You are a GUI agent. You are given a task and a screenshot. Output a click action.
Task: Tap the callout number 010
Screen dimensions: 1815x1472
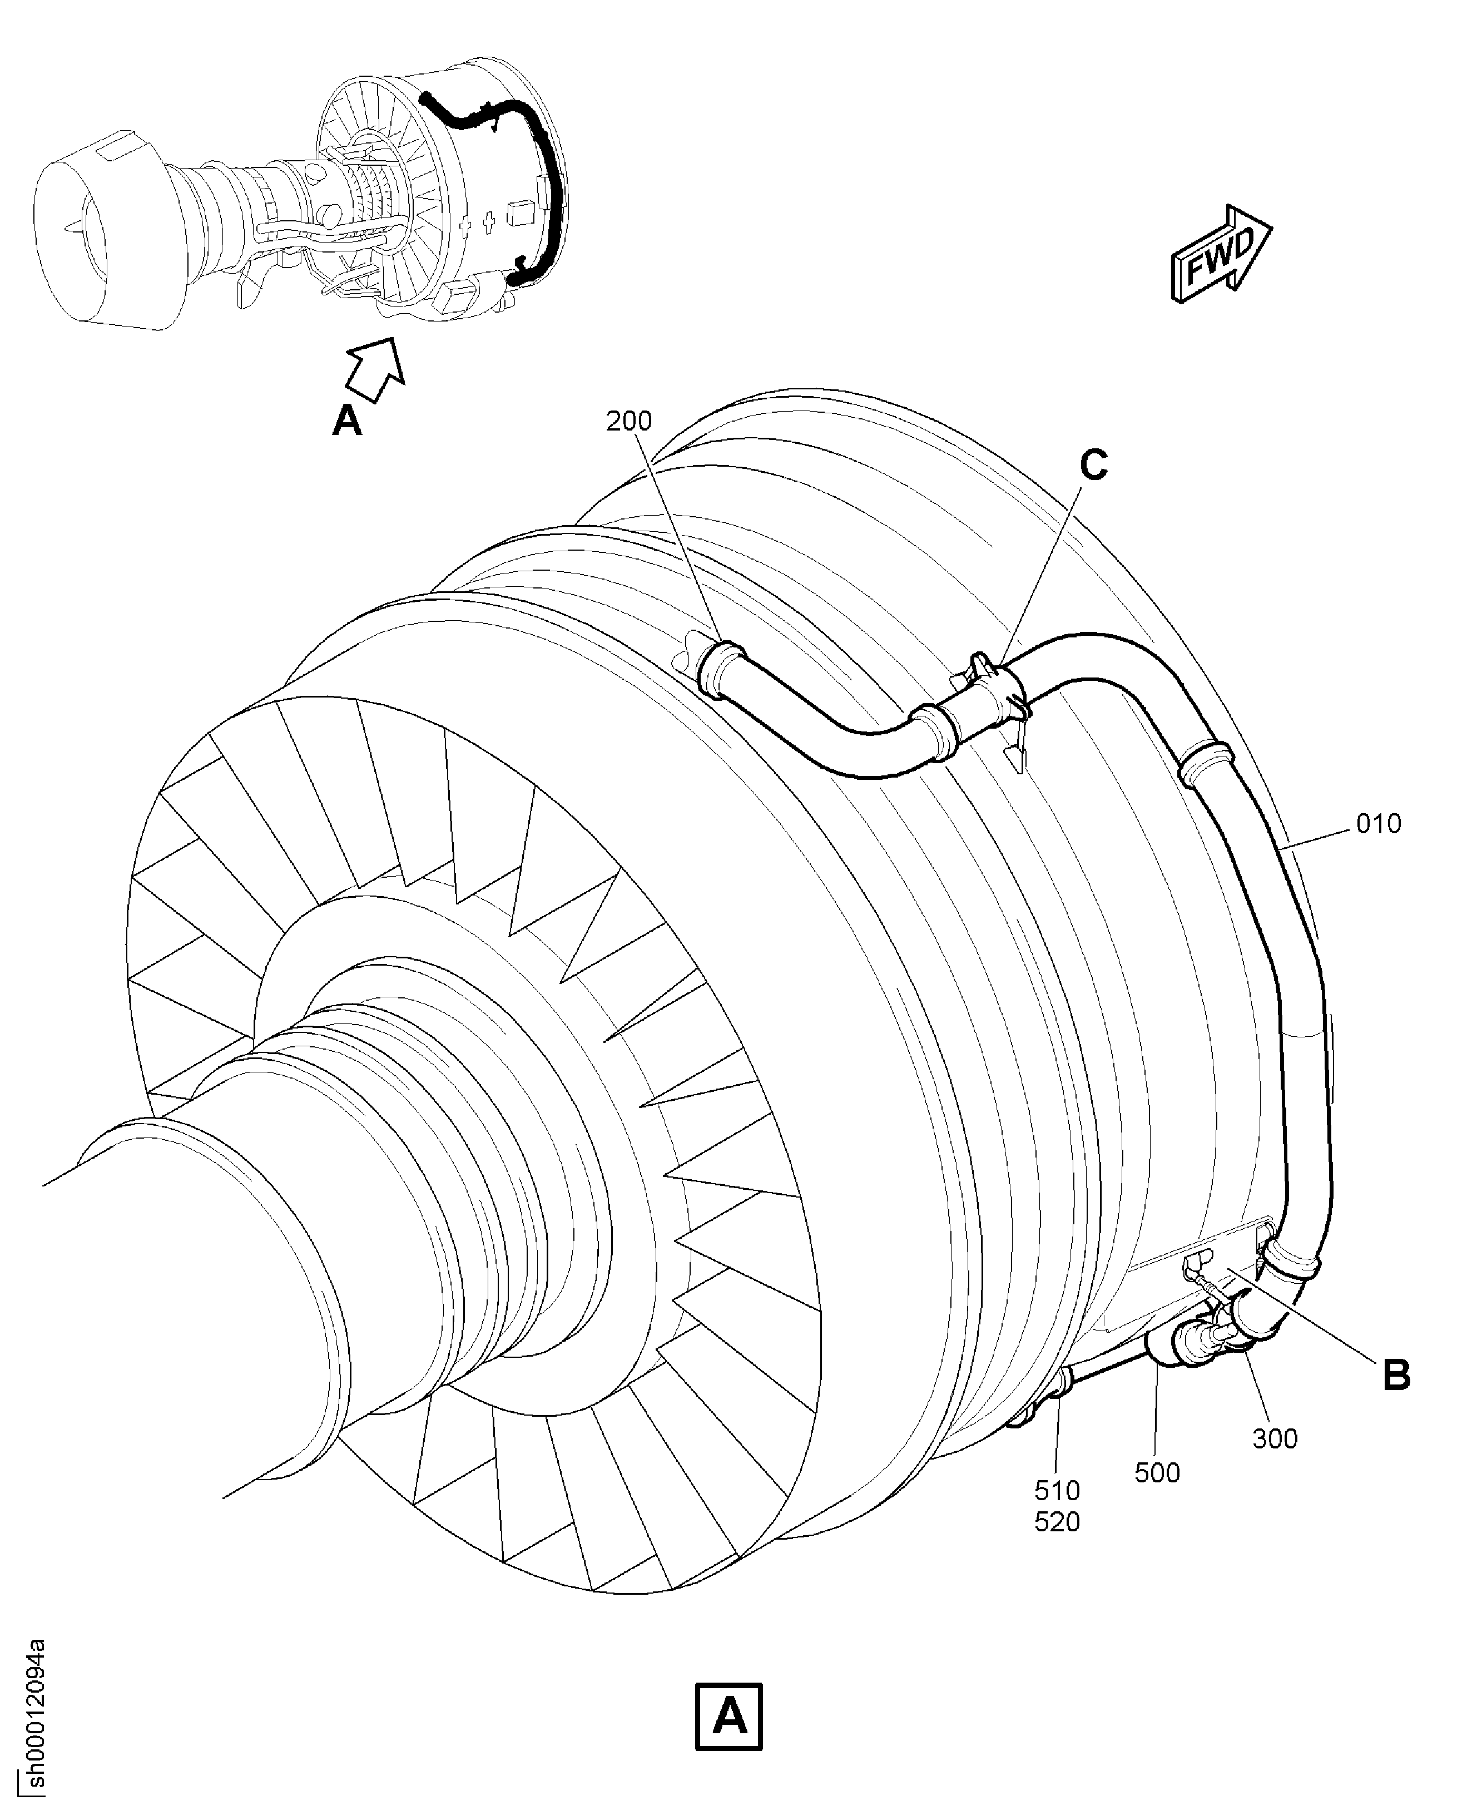click(x=1379, y=824)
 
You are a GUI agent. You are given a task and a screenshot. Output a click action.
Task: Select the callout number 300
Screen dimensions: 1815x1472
click(x=1275, y=1438)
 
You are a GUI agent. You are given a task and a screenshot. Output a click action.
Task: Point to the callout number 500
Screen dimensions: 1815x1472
click(x=1157, y=1472)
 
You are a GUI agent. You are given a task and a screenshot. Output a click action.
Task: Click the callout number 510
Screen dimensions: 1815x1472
click(x=1057, y=1490)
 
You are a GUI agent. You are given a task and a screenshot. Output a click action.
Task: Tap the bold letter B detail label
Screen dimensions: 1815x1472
click(x=1396, y=1376)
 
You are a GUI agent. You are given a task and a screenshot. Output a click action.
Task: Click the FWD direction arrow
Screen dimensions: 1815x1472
click(x=1222, y=253)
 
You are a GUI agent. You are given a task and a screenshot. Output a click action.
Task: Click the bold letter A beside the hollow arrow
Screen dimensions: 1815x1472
click(x=347, y=420)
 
